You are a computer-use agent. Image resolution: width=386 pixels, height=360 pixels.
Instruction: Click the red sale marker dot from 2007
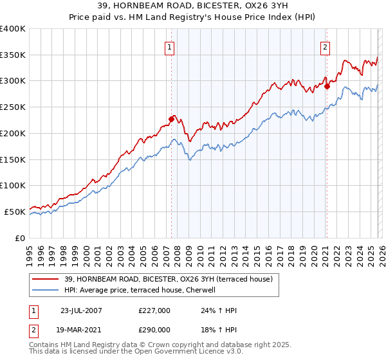[x=172, y=118]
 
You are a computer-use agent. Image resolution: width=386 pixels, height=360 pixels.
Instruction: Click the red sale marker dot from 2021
[x=327, y=85]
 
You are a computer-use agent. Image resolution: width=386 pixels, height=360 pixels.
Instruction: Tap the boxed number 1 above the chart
[x=169, y=46]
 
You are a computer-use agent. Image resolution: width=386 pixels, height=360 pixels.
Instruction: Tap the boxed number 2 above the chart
[x=325, y=46]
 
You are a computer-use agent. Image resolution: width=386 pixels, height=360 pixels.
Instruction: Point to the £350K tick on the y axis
[x=13, y=55]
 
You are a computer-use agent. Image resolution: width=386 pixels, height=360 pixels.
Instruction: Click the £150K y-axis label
[x=13, y=159]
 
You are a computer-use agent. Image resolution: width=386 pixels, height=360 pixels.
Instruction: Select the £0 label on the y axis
[x=20, y=238]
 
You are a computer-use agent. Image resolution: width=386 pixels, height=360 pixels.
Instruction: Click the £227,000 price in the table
[x=154, y=310]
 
